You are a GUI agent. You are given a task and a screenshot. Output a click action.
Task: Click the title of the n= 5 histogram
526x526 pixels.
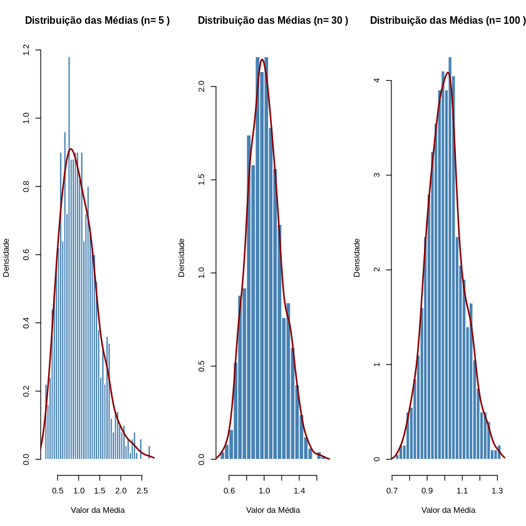click(x=97, y=21)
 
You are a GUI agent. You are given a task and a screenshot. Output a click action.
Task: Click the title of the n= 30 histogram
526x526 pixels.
click(x=272, y=21)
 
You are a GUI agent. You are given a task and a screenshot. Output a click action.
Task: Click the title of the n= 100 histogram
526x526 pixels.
click(x=447, y=21)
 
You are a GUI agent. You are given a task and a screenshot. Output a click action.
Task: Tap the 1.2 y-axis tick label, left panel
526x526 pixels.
click(x=26, y=49)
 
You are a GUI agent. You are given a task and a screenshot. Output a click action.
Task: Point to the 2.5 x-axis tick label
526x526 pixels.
click(x=142, y=491)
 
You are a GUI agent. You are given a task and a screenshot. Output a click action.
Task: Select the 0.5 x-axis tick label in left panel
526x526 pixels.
click(x=58, y=491)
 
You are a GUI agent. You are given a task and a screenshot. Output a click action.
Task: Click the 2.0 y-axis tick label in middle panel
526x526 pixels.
click(x=202, y=86)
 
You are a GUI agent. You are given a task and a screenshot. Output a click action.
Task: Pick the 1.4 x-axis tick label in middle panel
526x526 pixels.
click(x=299, y=491)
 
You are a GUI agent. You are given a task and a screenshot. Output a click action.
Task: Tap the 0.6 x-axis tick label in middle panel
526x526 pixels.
click(x=229, y=491)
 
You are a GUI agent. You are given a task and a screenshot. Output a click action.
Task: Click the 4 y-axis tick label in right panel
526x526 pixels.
click(x=377, y=81)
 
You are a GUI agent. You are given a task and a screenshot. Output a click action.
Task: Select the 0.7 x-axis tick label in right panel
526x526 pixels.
click(x=392, y=491)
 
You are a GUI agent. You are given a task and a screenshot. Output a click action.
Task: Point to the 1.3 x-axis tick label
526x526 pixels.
click(x=497, y=491)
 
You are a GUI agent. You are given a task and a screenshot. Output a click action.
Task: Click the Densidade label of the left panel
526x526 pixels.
click(x=6, y=257)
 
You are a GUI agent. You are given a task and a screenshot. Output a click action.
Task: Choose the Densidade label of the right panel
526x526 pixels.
click(x=357, y=257)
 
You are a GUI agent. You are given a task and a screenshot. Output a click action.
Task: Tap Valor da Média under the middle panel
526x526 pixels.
click(x=272, y=510)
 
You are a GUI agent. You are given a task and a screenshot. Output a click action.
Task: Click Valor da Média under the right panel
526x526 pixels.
click(x=448, y=510)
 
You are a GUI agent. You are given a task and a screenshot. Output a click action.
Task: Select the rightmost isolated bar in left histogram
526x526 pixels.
click(x=149, y=452)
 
